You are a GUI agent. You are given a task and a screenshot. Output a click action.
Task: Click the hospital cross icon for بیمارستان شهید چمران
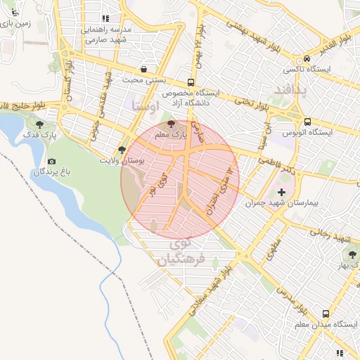pos(282,192)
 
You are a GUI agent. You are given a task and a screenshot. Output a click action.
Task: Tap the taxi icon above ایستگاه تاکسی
pos(307,59)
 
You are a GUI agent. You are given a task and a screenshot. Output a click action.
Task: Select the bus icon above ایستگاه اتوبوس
pos(307,122)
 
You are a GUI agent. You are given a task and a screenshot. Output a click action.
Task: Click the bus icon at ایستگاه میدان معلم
pos(325,314)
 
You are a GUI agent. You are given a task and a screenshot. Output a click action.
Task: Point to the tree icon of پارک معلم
pos(172,124)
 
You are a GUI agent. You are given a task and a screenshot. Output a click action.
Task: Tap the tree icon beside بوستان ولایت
pos(122,150)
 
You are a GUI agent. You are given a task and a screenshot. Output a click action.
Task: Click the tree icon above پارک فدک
pos(49,124)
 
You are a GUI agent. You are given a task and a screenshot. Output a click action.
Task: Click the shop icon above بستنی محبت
pos(144,69)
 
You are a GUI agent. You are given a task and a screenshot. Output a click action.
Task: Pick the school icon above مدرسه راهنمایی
pos(105,19)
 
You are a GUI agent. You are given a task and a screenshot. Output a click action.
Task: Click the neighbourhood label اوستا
pos(145,107)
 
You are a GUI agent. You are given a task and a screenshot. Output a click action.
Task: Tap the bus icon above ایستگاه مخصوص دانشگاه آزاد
pos(191,82)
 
